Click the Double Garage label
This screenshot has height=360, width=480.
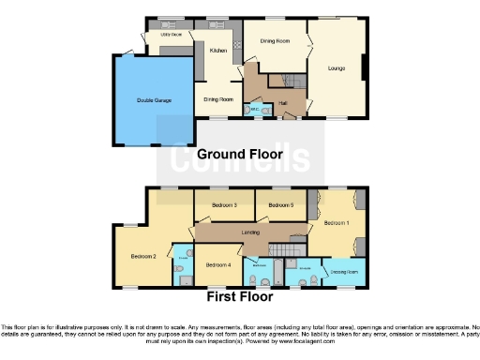(155, 99)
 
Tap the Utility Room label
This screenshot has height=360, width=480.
(170, 35)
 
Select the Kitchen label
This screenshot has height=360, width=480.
(217, 51)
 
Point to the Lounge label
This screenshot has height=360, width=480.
(336, 67)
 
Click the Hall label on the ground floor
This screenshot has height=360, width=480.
(282, 92)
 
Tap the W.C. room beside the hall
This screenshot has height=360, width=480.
(250, 110)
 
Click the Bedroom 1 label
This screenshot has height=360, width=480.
(336, 223)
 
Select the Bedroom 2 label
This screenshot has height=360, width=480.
(142, 255)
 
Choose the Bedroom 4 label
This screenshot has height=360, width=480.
(218, 264)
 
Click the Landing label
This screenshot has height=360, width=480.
(249, 232)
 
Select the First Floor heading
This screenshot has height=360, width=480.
(240, 297)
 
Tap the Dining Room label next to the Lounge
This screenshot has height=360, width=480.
(274, 41)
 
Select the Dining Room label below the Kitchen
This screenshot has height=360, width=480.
(218, 97)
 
